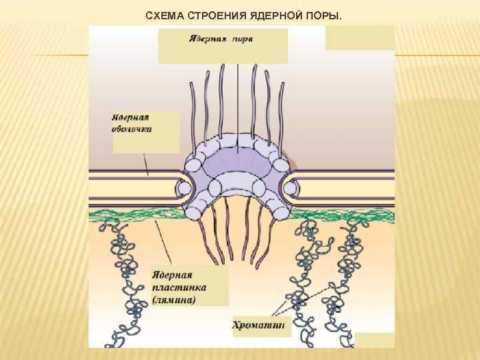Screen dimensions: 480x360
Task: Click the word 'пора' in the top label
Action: coord(242,38)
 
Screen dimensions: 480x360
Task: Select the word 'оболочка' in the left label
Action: coord(132,129)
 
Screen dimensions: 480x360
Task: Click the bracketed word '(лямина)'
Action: coord(174,300)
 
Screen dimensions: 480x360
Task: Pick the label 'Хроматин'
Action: coord(259,325)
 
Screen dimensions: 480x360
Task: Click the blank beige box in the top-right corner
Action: coord(359,37)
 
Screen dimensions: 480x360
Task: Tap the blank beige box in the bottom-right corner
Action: coord(375,339)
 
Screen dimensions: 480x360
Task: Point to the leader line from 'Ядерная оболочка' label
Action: coord(145,163)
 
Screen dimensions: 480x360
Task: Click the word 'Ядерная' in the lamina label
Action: coord(172,275)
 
